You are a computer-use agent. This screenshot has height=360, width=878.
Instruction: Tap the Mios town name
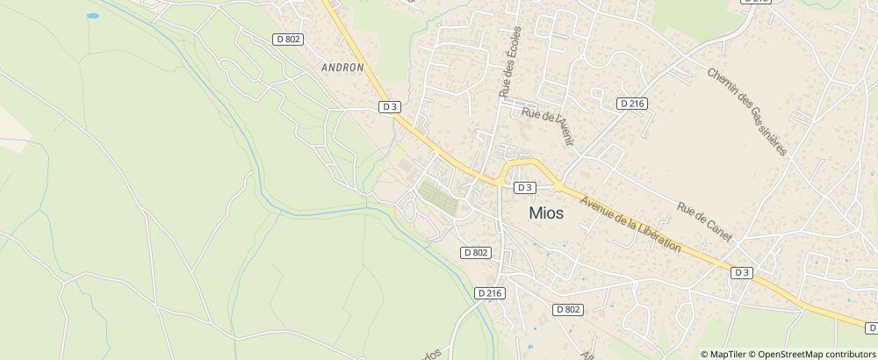pyautogui.click(x=545, y=212)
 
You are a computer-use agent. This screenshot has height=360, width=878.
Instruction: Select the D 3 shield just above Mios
pyautogui.click(x=524, y=187)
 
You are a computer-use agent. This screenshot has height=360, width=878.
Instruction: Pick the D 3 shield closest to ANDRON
pyautogui.click(x=390, y=106)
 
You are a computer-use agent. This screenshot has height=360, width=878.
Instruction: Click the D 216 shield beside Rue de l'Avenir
pyautogui.click(x=632, y=103)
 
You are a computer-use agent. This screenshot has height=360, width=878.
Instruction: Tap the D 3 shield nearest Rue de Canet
pyautogui.click(x=742, y=272)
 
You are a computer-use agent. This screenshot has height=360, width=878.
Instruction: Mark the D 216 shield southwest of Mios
pyautogui.click(x=489, y=292)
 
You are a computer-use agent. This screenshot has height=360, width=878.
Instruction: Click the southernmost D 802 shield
pyautogui.click(x=568, y=309)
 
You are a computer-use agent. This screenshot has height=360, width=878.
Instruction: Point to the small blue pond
pyautogui.click(x=92, y=16)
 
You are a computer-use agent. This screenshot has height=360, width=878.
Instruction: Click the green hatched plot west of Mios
pyautogui.click(x=439, y=198)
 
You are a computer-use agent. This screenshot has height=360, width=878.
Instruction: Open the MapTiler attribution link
pyautogui.click(x=727, y=353)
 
